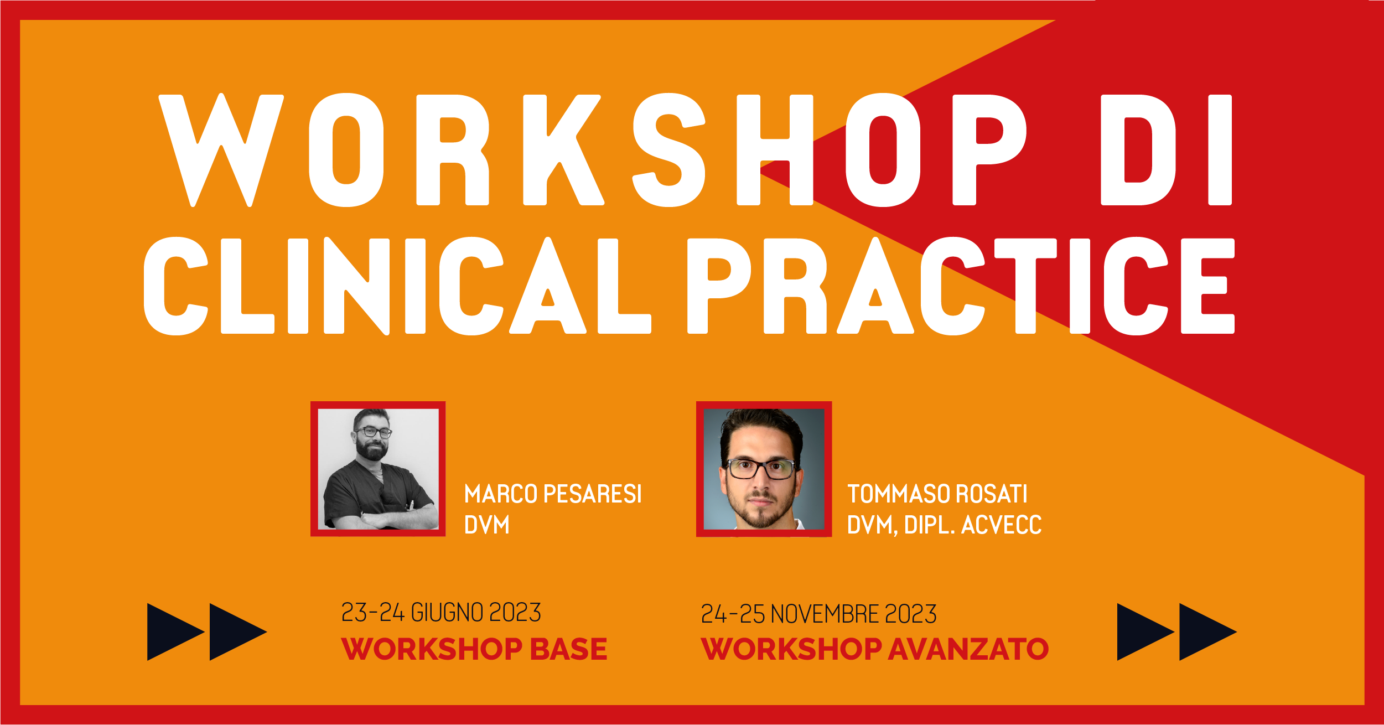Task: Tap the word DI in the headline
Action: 1167,150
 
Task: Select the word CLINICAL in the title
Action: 397,286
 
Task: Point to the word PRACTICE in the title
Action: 961,286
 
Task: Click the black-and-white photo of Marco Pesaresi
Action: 378,469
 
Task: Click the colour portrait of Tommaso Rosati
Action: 764,469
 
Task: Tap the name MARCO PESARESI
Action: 553,494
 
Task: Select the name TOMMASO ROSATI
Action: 937,494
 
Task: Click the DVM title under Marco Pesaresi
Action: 486,525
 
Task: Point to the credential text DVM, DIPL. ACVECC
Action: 944,525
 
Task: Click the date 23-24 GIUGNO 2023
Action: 441,613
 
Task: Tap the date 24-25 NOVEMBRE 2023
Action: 819,614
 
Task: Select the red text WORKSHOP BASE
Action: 474,649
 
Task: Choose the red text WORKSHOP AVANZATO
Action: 874,649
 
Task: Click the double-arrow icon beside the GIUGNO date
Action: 207,632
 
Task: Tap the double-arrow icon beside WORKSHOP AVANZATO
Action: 1177,632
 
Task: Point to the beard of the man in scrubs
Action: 371,449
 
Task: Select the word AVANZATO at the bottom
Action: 968,649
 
